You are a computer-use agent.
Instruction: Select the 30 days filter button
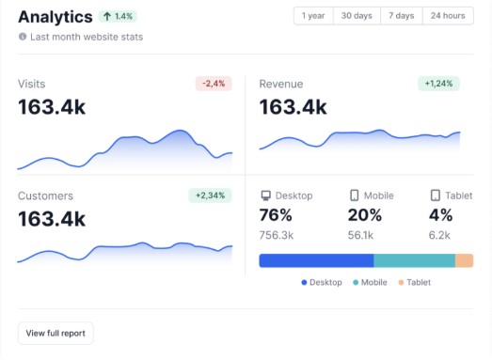pos(357,16)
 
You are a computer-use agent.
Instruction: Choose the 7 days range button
pos(401,16)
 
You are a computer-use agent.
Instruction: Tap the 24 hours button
pos(448,16)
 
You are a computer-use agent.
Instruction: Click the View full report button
pos(56,333)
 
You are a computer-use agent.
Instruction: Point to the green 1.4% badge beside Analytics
pos(119,17)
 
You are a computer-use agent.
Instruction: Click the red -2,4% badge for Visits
pos(213,84)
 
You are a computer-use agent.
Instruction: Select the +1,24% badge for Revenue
pos(438,84)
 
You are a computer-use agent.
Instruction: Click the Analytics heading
pos(56,17)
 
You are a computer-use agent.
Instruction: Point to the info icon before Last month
pos(23,37)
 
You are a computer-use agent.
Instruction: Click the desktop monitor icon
pos(265,196)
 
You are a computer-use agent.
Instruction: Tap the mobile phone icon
pos(354,196)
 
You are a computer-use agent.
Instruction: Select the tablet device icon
pos(435,196)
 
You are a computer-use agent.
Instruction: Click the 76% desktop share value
pos(276,214)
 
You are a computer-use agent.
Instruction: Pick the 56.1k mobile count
pos(360,235)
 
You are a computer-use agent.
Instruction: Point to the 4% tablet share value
pos(440,214)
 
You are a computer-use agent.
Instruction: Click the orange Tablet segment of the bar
pos(464,260)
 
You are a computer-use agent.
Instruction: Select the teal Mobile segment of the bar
pos(414,260)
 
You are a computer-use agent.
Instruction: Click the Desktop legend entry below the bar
pos(322,282)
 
